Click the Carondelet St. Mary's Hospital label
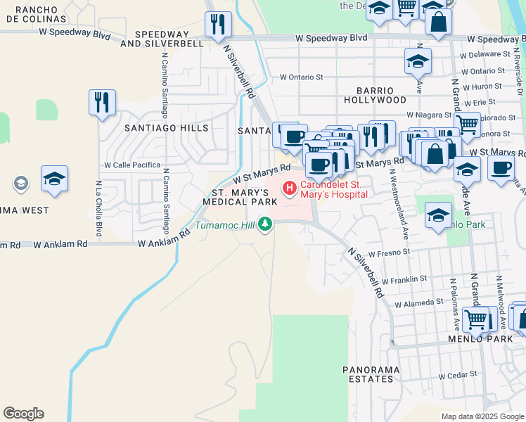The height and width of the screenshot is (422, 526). tap(333, 189)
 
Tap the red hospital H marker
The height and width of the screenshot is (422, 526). tap(288, 188)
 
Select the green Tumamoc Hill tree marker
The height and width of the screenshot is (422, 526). tap(265, 224)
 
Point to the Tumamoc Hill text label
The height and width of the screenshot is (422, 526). tap(225, 225)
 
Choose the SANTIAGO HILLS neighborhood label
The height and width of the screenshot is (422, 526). tap(166, 128)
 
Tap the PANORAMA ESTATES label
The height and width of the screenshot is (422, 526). tap(371, 374)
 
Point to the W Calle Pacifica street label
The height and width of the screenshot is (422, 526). tap(132, 165)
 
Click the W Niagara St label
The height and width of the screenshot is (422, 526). tap(428, 115)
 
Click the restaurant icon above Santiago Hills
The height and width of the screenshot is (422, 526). tap(102, 103)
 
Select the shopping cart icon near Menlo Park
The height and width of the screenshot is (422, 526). tap(476, 320)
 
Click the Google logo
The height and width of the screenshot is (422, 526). tap(23, 414)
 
